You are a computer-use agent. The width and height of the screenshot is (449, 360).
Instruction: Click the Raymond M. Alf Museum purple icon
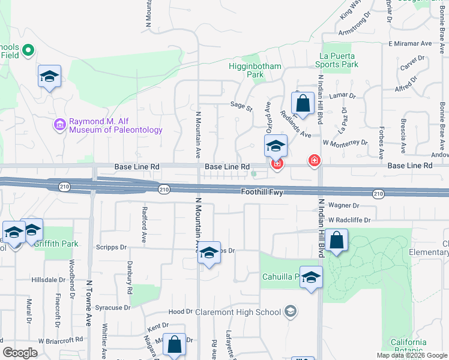[60, 125]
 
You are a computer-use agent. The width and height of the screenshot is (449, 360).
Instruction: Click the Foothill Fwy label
[262, 193]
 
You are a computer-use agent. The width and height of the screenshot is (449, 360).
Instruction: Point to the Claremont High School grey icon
[291, 311]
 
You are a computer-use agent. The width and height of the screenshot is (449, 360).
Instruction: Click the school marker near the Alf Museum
[49, 76]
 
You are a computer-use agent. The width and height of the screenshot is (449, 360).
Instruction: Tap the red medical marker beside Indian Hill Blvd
[313, 160]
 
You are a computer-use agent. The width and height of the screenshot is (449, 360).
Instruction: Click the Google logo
[20, 353]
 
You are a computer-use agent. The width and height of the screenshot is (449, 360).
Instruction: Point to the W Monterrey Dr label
[345, 143]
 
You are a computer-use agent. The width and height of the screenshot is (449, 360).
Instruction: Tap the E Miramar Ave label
[410, 44]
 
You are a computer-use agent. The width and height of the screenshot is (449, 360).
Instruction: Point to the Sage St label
[241, 104]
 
